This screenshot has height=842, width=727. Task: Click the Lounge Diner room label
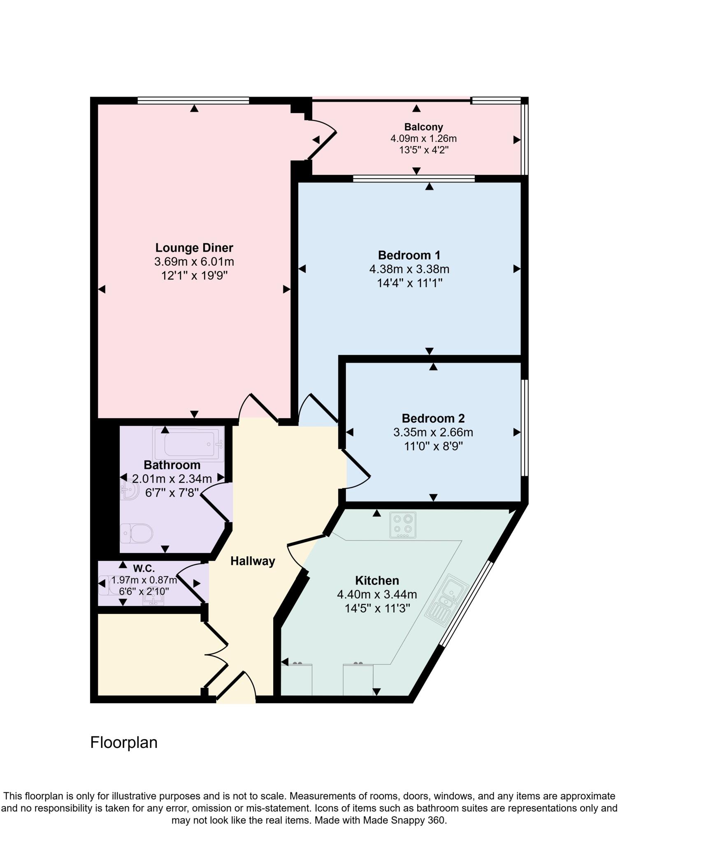point(194,248)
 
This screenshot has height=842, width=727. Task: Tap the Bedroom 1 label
point(409,255)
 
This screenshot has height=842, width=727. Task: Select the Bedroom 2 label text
point(433,419)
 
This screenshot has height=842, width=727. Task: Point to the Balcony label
point(423,127)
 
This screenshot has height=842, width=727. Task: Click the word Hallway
point(253,561)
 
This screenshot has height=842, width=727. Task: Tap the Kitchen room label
point(377,581)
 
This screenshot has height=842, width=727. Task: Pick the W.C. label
point(144,569)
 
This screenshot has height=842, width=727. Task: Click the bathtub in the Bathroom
point(188,443)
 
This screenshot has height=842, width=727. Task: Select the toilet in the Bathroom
point(137,534)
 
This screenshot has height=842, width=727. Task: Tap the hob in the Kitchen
point(403,525)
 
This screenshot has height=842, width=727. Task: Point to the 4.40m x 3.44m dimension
point(377,594)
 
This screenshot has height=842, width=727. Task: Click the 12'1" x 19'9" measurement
point(194,275)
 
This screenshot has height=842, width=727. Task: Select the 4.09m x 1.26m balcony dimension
point(423,139)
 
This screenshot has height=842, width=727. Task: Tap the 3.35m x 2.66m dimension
point(433,433)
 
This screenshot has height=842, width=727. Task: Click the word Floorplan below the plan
point(124,743)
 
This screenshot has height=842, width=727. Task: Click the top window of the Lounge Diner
point(193,100)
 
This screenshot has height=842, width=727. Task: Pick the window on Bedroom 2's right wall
point(525,428)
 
